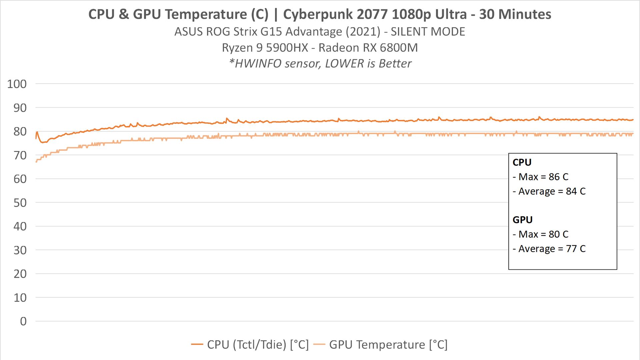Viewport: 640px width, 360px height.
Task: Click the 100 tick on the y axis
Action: pos(17,84)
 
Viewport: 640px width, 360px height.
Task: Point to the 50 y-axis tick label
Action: pos(20,203)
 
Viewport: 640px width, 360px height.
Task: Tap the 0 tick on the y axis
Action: pos(23,321)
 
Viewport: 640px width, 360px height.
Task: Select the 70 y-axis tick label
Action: pos(20,155)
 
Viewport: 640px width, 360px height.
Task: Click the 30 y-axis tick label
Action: pos(20,250)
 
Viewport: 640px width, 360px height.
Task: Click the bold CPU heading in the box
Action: pos(522,162)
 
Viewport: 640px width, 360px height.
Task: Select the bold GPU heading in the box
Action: pos(522,220)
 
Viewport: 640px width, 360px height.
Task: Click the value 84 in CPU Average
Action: pos(571,191)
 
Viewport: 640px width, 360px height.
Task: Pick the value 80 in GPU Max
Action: pos(554,234)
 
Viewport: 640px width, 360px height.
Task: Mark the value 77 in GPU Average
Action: pos(571,249)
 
